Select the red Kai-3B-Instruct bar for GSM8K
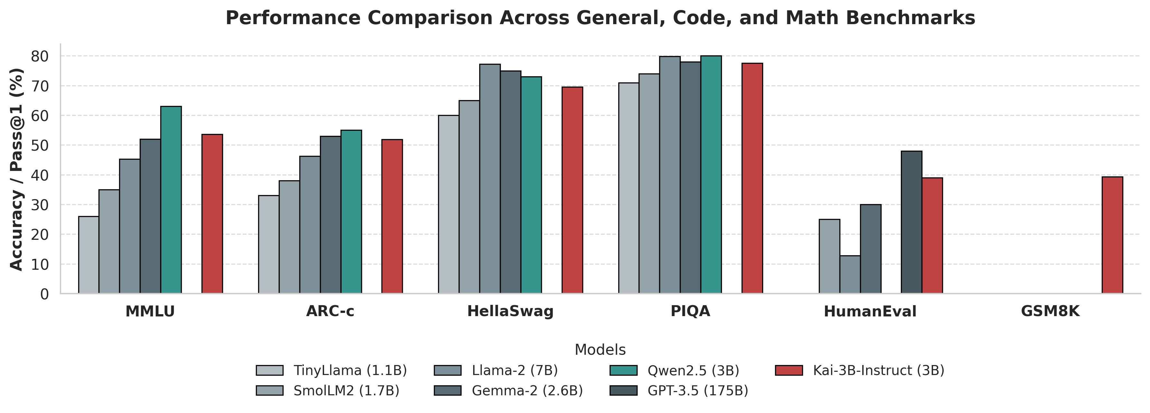[1112, 235]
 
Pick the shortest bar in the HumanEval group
[850, 275]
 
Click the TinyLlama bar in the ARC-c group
[269, 244]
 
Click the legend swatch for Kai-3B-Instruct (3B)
[789, 371]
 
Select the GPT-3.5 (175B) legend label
[697, 391]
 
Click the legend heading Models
[600, 350]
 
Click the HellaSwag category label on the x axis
[510, 311]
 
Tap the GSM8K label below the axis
[1050, 311]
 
